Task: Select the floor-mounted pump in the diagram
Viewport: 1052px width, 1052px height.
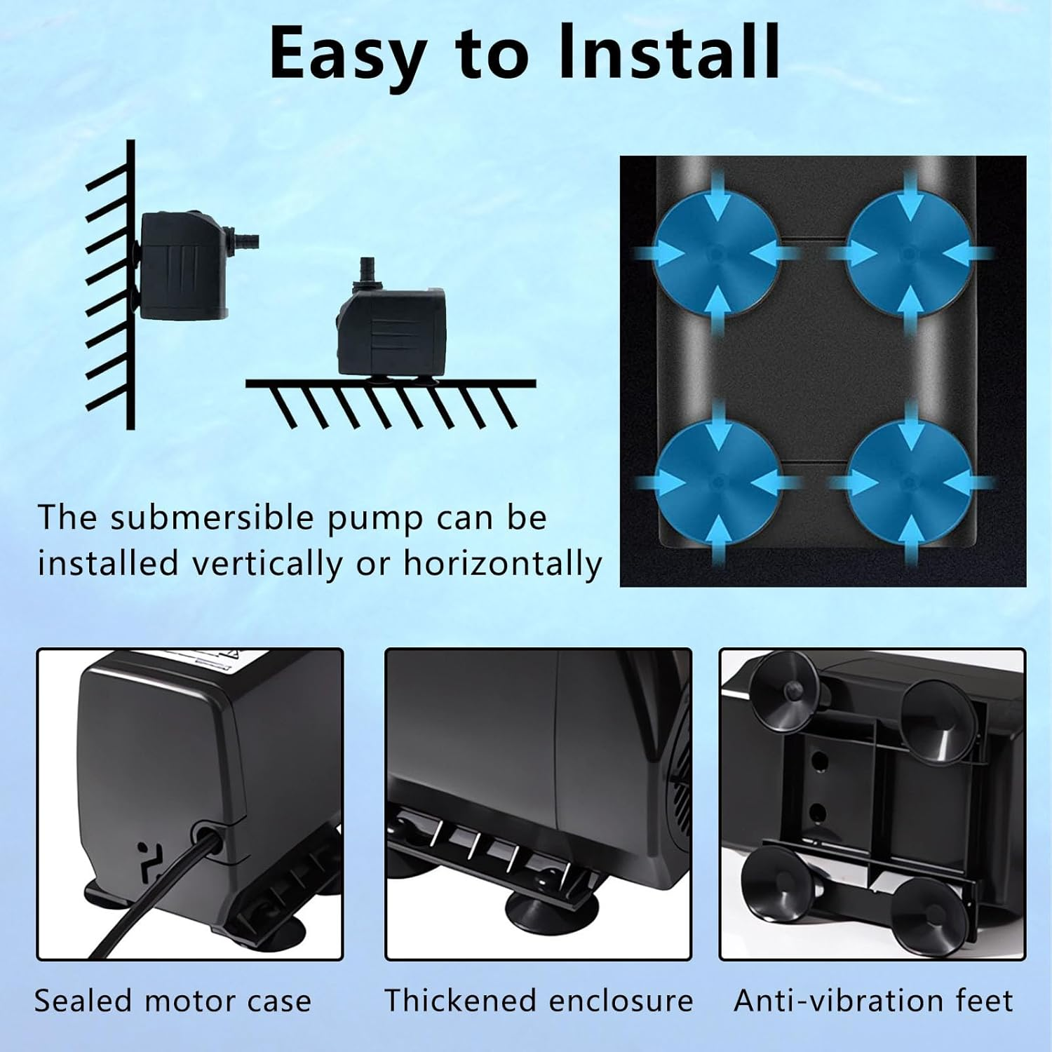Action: pyautogui.click(x=391, y=330)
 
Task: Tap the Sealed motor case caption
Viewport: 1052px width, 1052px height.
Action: pyautogui.click(x=173, y=1001)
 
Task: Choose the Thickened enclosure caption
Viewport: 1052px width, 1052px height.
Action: pyautogui.click(x=539, y=1001)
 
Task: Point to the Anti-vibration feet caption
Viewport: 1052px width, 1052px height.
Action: pyautogui.click(x=873, y=1001)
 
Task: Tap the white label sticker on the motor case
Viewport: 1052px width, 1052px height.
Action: pyautogui.click(x=203, y=663)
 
